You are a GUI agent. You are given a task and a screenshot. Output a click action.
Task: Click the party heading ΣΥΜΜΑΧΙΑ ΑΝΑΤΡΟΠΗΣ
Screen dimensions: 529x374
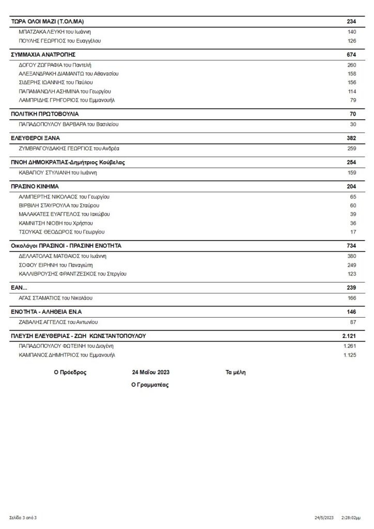[43, 54]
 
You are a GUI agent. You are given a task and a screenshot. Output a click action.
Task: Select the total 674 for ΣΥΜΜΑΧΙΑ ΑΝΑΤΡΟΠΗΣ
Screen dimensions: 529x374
[351, 54]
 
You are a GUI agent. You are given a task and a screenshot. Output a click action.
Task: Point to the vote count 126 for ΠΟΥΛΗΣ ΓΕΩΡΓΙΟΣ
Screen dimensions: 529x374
[352, 40]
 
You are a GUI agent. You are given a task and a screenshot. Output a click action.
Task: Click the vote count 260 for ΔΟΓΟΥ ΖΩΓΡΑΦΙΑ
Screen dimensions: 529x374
[352, 65]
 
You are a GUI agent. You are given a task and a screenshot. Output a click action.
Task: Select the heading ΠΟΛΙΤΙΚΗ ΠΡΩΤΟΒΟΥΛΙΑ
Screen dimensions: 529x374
[44, 114]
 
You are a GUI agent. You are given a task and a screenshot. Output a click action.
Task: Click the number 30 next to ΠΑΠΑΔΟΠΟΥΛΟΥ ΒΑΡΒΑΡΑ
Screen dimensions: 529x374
[353, 125]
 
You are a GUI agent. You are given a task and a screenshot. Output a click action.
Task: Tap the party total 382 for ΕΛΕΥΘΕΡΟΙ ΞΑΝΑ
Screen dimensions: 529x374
[351, 138]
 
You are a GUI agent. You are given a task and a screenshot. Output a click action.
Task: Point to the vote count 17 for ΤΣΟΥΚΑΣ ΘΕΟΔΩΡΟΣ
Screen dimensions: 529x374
[353, 232]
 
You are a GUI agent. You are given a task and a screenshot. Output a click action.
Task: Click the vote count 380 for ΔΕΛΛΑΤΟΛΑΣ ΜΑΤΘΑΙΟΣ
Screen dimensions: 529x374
[352, 256]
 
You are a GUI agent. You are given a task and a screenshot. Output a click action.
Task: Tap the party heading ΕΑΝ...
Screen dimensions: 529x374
[19, 287]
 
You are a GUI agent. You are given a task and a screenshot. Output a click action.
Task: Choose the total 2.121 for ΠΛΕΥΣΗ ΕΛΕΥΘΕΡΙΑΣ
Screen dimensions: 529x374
[349, 336]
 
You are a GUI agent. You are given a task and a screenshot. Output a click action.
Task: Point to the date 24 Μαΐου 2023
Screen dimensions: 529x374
[151, 372]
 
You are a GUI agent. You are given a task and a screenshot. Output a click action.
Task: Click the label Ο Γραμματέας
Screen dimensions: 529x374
[150, 385]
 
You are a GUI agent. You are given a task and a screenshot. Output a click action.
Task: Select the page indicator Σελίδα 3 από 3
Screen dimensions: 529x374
[23, 517]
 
